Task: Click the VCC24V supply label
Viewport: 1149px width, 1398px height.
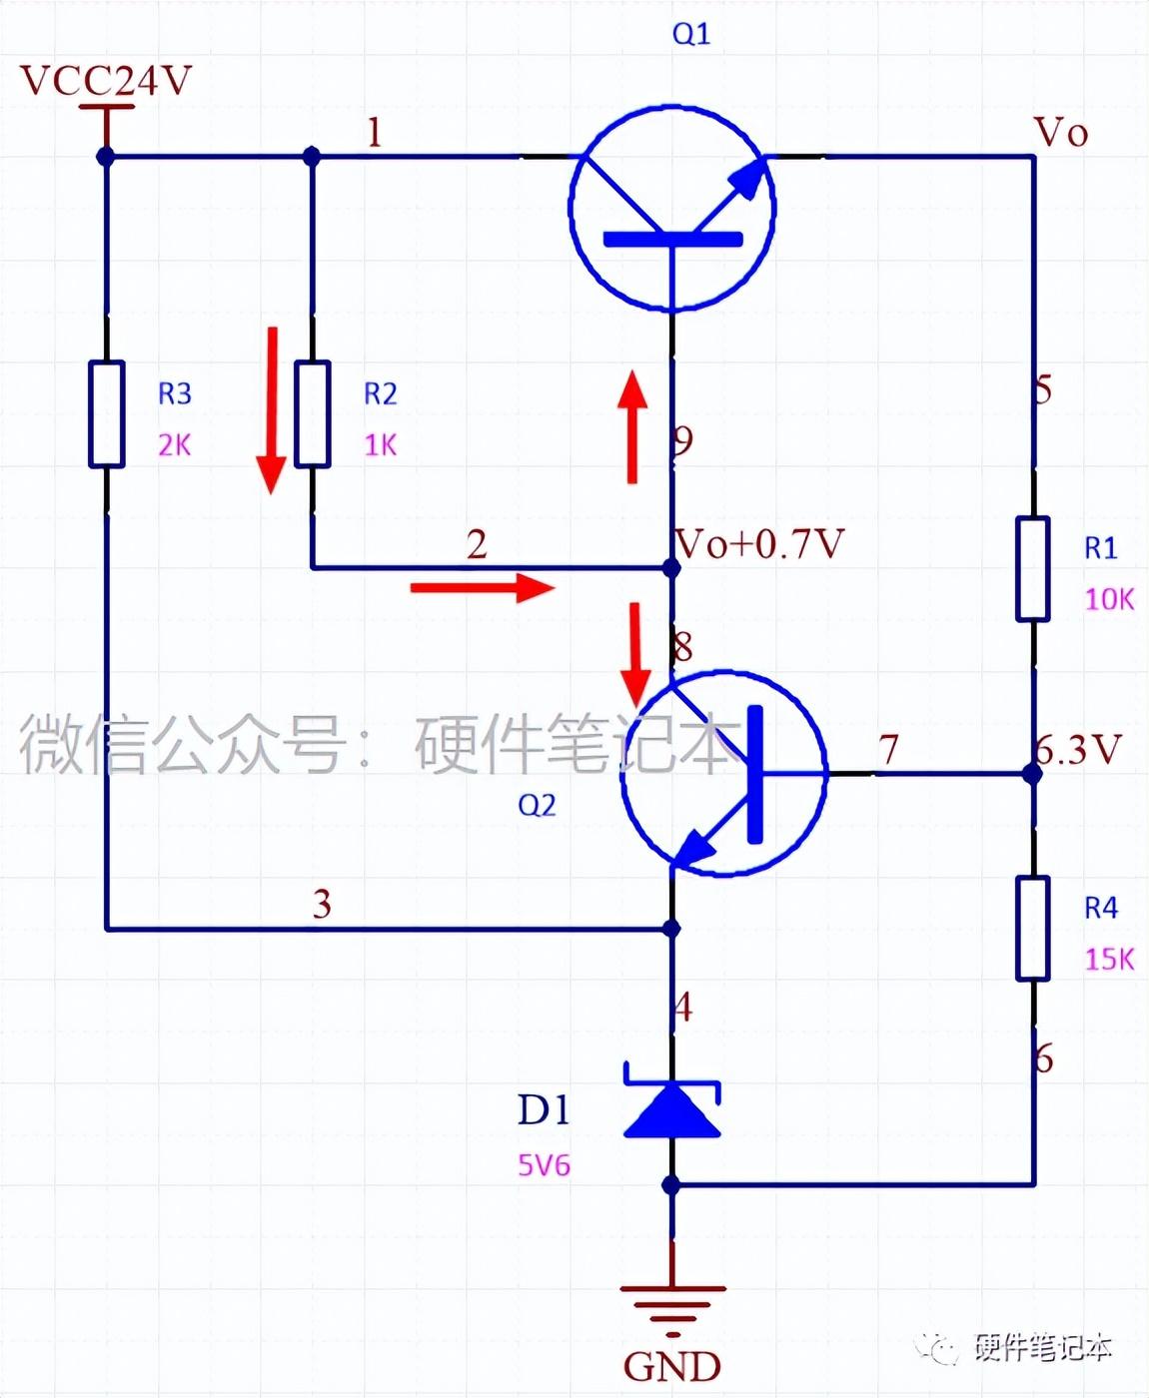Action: [105, 81]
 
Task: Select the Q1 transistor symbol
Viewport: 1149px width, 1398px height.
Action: [672, 207]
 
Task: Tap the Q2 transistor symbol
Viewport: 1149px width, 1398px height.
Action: [723, 772]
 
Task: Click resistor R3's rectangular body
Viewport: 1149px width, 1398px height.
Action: [107, 414]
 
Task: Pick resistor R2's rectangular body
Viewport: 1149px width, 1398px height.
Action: [312, 414]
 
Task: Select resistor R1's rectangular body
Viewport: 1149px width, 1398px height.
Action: [1033, 569]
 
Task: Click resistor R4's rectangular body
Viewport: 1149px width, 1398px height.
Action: [1033, 929]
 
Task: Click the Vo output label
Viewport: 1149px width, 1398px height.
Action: [1060, 133]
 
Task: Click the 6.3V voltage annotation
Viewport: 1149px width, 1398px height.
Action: [1079, 749]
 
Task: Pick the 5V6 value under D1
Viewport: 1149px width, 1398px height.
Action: [544, 1165]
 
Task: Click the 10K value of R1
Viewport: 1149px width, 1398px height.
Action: [1109, 599]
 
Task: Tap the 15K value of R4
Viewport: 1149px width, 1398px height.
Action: [1109, 960]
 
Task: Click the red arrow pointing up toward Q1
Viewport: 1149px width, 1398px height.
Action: [631, 427]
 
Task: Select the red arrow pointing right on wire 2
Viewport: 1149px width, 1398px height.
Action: [482, 588]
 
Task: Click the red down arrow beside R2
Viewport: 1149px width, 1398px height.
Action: [271, 409]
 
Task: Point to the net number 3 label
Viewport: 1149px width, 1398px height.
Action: [322, 904]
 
